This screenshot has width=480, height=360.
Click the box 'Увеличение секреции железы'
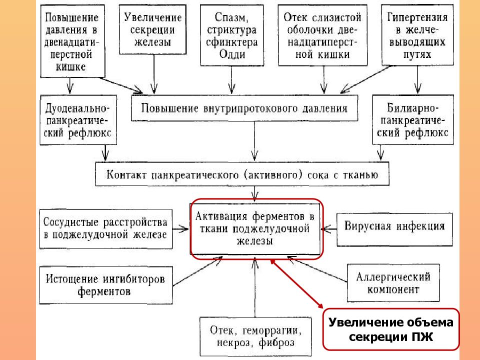(152, 29)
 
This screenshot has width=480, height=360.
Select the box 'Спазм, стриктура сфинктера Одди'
(231, 35)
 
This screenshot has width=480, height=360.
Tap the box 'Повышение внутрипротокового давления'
(244, 108)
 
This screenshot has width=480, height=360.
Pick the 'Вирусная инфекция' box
(394, 229)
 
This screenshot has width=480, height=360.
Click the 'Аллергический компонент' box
(393, 283)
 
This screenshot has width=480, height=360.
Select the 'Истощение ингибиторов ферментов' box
(106, 285)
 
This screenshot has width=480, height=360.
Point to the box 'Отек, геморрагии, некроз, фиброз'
(255, 336)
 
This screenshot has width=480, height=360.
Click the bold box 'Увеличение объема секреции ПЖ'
(391, 329)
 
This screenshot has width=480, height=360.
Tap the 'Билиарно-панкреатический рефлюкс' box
(412, 119)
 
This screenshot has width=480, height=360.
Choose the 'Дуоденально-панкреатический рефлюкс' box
(78, 120)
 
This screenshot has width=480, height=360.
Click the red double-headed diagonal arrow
(296, 283)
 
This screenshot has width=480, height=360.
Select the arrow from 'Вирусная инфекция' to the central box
(329, 228)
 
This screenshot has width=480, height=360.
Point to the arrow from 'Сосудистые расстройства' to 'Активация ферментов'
(180, 228)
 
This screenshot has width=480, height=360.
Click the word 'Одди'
(232, 54)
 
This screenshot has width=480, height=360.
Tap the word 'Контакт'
(126, 174)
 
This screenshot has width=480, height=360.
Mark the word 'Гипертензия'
(417, 17)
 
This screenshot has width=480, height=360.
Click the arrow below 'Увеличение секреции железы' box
(154, 74)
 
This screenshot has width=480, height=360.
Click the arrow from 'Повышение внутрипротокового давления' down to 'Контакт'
(254, 141)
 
